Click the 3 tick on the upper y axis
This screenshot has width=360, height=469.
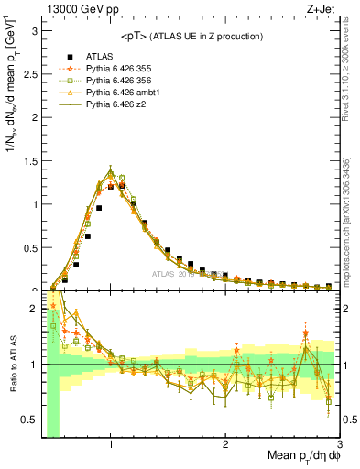(34, 30)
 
